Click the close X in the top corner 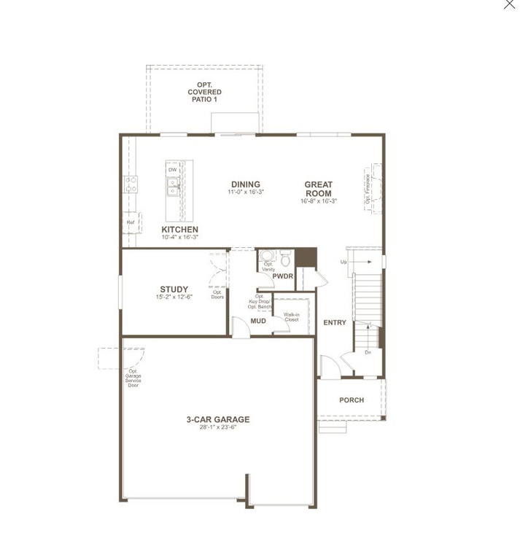coord(509,4)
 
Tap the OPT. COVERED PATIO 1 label coord(204,92)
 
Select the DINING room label coord(246,184)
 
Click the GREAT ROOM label coord(319,189)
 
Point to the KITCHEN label coord(179,230)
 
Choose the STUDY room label coord(174,289)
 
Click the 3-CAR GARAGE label coord(218,419)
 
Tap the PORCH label coord(352,400)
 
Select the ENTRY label coord(335,322)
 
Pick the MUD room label coord(258,321)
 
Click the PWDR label coord(282,276)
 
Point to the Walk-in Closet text coord(292,316)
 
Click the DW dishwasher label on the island coord(173,170)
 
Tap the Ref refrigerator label coord(131,222)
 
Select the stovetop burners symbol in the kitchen coord(132,184)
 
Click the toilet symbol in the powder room coord(285,257)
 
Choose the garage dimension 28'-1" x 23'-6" coord(218,427)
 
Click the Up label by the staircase coord(344,262)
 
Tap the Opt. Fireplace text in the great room coord(368,188)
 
